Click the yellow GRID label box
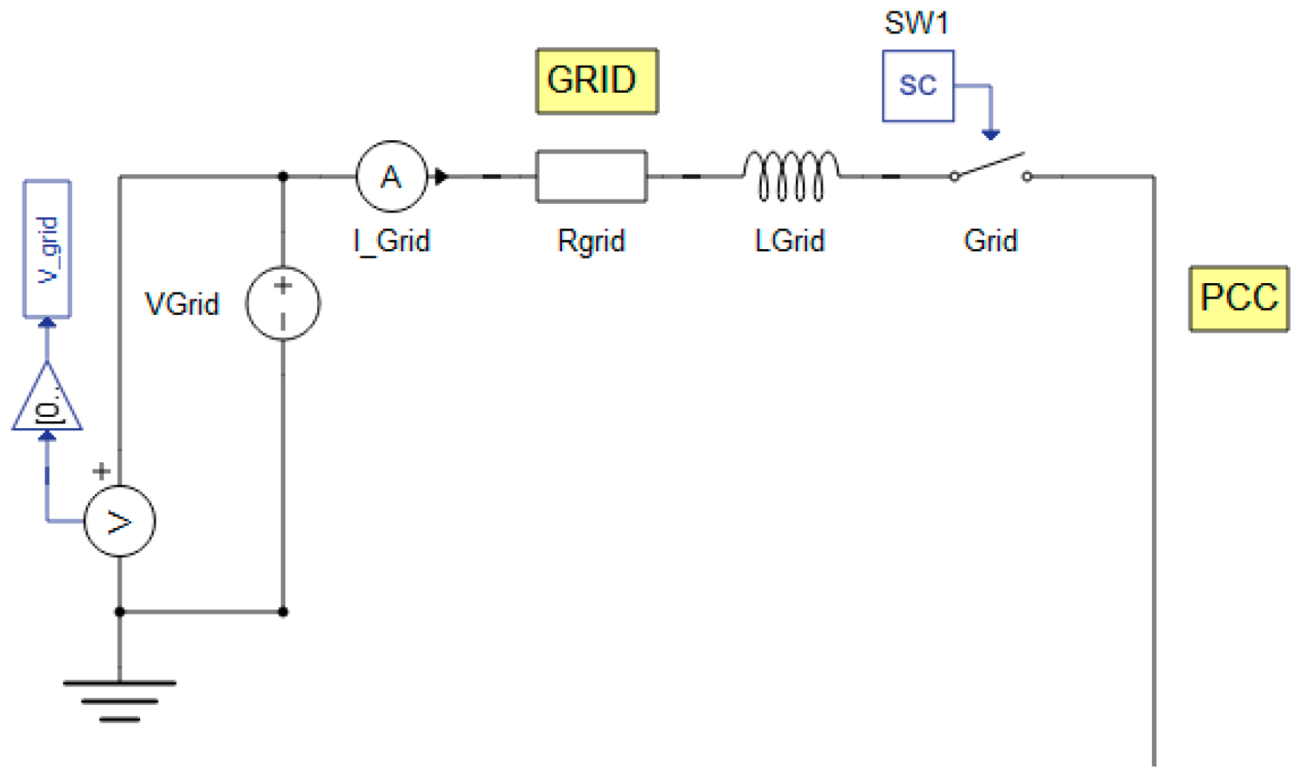click(596, 81)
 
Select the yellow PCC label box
click(1238, 298)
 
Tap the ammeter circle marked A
click(392, 176)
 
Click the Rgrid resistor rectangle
click(591, 176)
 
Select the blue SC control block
click(918, 86)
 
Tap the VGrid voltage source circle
click(282, 303)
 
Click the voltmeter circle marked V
click(119, 521)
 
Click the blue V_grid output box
click(47, 248)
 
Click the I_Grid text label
click(392, 241)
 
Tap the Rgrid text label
click(591, 241)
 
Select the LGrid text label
click(789, 241)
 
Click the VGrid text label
click(182, 304)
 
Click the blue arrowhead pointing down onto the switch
click(990, 134)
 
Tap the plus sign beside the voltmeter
click(101, 471)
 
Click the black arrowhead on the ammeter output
click(441, 176)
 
